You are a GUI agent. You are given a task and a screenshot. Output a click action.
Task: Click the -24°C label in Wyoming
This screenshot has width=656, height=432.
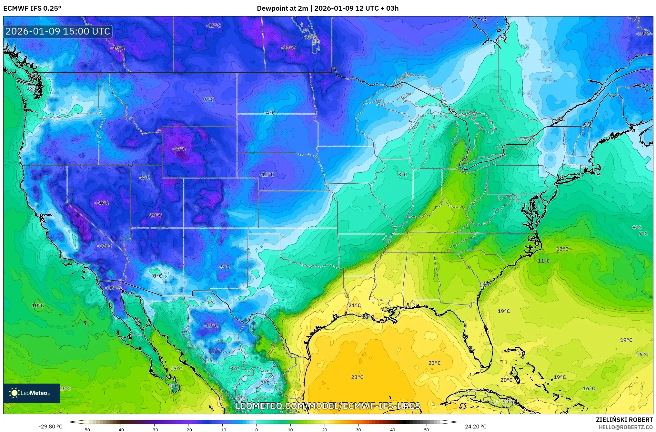click(179, 149)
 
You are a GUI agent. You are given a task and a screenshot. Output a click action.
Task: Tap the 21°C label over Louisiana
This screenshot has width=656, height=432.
click(355, 305)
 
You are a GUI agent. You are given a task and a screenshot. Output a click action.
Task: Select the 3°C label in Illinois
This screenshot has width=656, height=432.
click(402, 174)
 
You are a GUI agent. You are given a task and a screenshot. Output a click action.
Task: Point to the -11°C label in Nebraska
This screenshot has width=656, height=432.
click(267, 174)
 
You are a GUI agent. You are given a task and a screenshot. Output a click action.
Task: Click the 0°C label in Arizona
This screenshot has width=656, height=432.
click(157, 276)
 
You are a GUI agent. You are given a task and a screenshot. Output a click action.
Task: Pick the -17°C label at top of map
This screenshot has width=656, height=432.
click(214, 26)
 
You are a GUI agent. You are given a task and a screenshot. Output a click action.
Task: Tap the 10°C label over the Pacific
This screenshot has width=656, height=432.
click(38, 305)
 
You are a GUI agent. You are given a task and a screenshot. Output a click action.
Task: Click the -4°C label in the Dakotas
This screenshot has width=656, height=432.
click(269, 113)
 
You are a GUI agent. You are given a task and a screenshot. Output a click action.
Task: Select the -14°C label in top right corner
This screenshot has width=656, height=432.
click(643, 34)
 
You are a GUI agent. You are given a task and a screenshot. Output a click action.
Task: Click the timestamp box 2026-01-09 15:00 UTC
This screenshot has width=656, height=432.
click(58, 31)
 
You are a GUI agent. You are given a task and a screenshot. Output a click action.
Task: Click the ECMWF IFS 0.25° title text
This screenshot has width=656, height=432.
click(32, 8)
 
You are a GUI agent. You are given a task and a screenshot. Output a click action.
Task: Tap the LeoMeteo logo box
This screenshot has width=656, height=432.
click(32, 393)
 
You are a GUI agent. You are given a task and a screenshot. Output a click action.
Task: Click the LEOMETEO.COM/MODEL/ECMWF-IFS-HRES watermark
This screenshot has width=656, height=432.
click(328, 406)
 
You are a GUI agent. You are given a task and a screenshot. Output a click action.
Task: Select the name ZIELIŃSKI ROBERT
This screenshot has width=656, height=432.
click(624, 420)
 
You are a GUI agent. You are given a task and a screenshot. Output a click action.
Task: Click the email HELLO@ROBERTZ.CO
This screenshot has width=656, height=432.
click(626, 427)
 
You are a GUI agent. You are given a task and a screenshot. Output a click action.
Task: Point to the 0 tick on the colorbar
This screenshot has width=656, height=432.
click(257, 429)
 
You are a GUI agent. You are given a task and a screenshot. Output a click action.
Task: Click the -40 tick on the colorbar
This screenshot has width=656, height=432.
click(120, 429)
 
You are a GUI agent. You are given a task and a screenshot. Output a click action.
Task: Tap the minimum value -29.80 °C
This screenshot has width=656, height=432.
click(50, 427)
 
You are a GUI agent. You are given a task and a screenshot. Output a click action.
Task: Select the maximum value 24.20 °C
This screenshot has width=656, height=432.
click(475, 427)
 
